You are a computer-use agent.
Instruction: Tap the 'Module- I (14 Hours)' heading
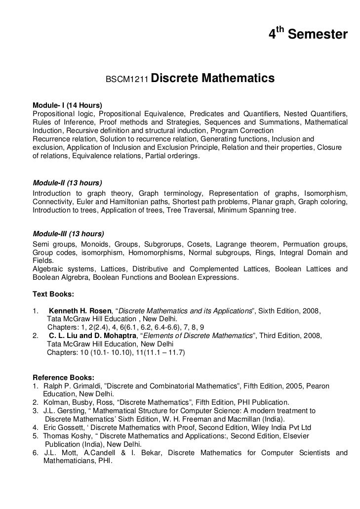[67, 105]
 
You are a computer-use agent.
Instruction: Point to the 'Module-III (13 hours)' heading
[68, 234]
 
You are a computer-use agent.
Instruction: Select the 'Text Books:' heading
[53, 294]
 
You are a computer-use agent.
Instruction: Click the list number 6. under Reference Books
[35, 453]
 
